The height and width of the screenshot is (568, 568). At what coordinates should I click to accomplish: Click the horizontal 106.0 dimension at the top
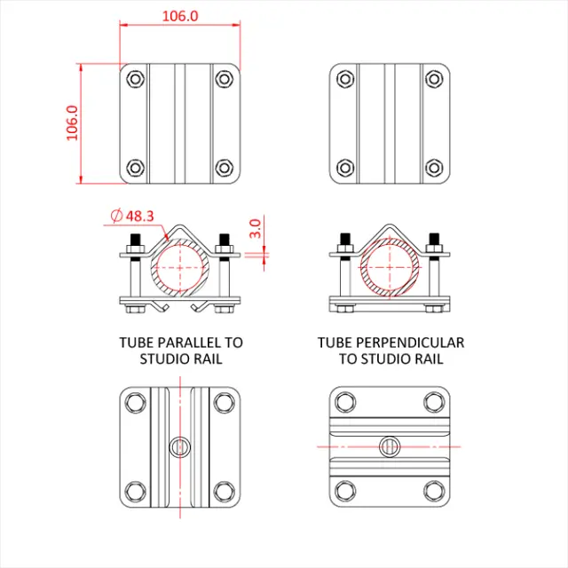(x=181, y=16)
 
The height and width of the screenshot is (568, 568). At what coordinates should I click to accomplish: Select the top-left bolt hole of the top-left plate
(x=135, y=78)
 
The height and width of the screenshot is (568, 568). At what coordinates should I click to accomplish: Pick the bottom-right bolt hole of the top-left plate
(x=223, y=166)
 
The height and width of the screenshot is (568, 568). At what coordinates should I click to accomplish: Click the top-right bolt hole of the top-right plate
(x=433, y=78)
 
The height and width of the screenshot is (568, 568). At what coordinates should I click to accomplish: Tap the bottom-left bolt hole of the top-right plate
(x=345, y=166)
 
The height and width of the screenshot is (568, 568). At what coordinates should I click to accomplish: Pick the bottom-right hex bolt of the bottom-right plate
(x=433, y=490)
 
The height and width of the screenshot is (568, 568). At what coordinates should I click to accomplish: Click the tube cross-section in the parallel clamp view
(x=180, y=267)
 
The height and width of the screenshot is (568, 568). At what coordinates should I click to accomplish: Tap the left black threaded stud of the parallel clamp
(x=136, y=241)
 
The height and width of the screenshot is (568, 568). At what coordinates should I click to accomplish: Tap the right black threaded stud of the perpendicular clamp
(x=435, y=241)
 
